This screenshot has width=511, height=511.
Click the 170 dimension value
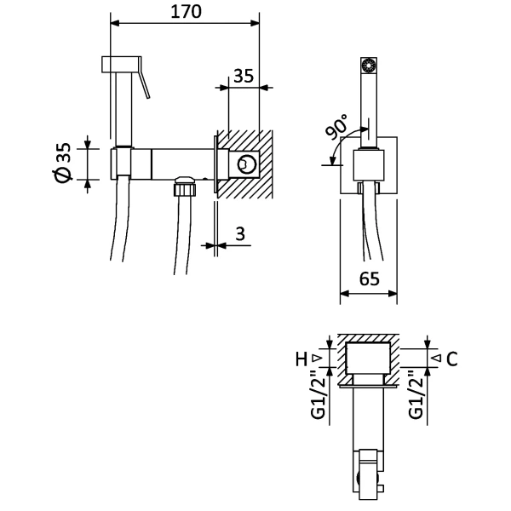click(x=186, y=12)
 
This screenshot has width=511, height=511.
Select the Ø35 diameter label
click(x=63, y=163)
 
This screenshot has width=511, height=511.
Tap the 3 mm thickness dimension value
click(x=240, y=233)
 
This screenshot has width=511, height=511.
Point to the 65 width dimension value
click(x=370, y=279)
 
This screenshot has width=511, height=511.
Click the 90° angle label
click(x=337, y=127)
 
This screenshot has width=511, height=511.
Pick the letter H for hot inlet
click(x=301, y=359)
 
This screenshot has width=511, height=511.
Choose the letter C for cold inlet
click(x=452, y=359)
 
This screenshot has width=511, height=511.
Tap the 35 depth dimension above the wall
click(x=244, y=76)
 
